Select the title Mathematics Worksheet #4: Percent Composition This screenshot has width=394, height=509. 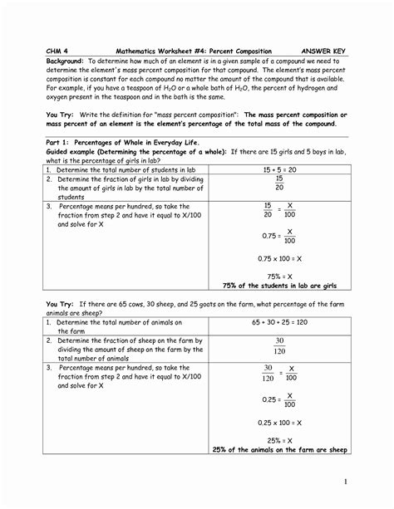[193, 51]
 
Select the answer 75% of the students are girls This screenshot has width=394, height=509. [279, 284]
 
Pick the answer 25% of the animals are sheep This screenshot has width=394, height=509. [279, 449]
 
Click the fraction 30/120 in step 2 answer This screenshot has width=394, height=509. [279, 345]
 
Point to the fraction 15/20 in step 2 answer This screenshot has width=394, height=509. [279, 182]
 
